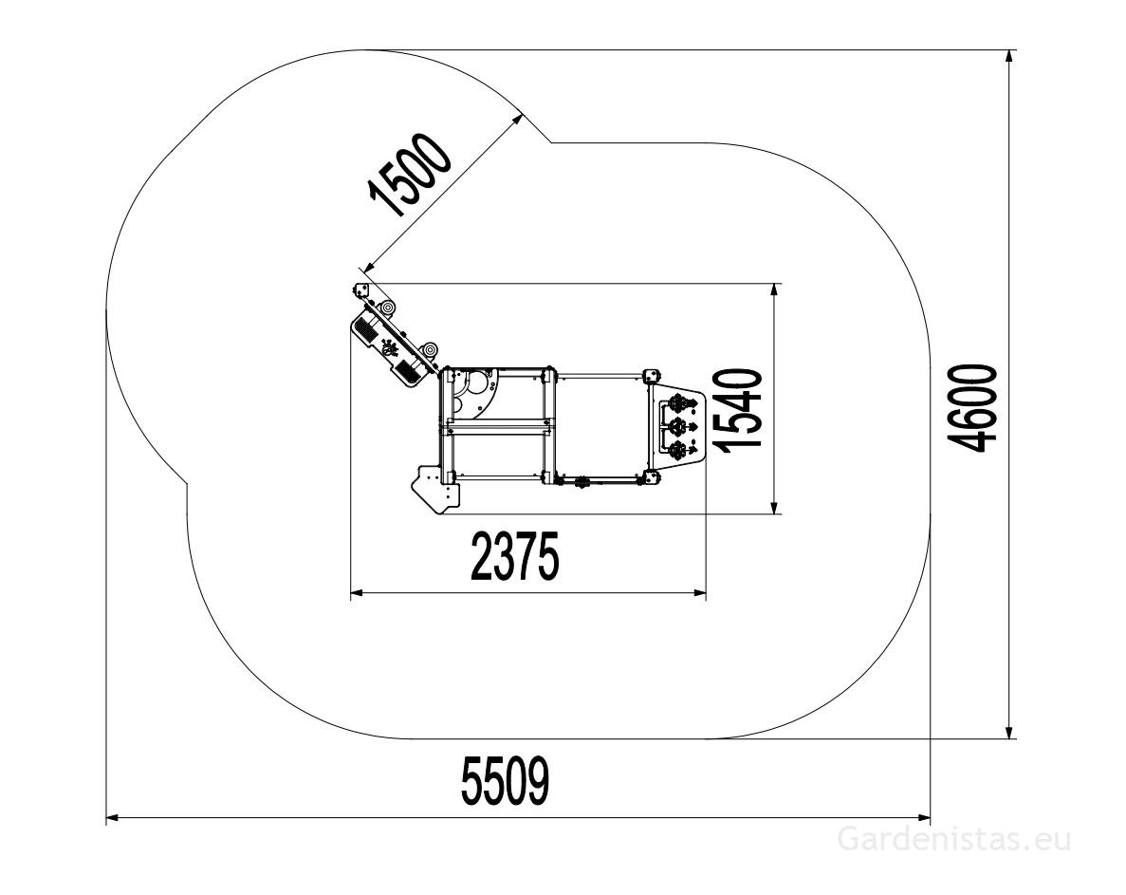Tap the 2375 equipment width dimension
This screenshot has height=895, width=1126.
514,556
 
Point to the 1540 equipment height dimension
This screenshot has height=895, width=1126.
740,410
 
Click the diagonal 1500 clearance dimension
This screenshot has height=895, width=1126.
409,176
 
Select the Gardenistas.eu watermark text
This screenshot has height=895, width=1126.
954,839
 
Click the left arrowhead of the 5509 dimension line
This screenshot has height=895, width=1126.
114,817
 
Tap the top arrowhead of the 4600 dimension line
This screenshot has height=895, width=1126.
1009,58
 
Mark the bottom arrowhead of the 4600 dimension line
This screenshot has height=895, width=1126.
1009,730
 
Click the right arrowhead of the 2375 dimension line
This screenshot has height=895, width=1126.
699,592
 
